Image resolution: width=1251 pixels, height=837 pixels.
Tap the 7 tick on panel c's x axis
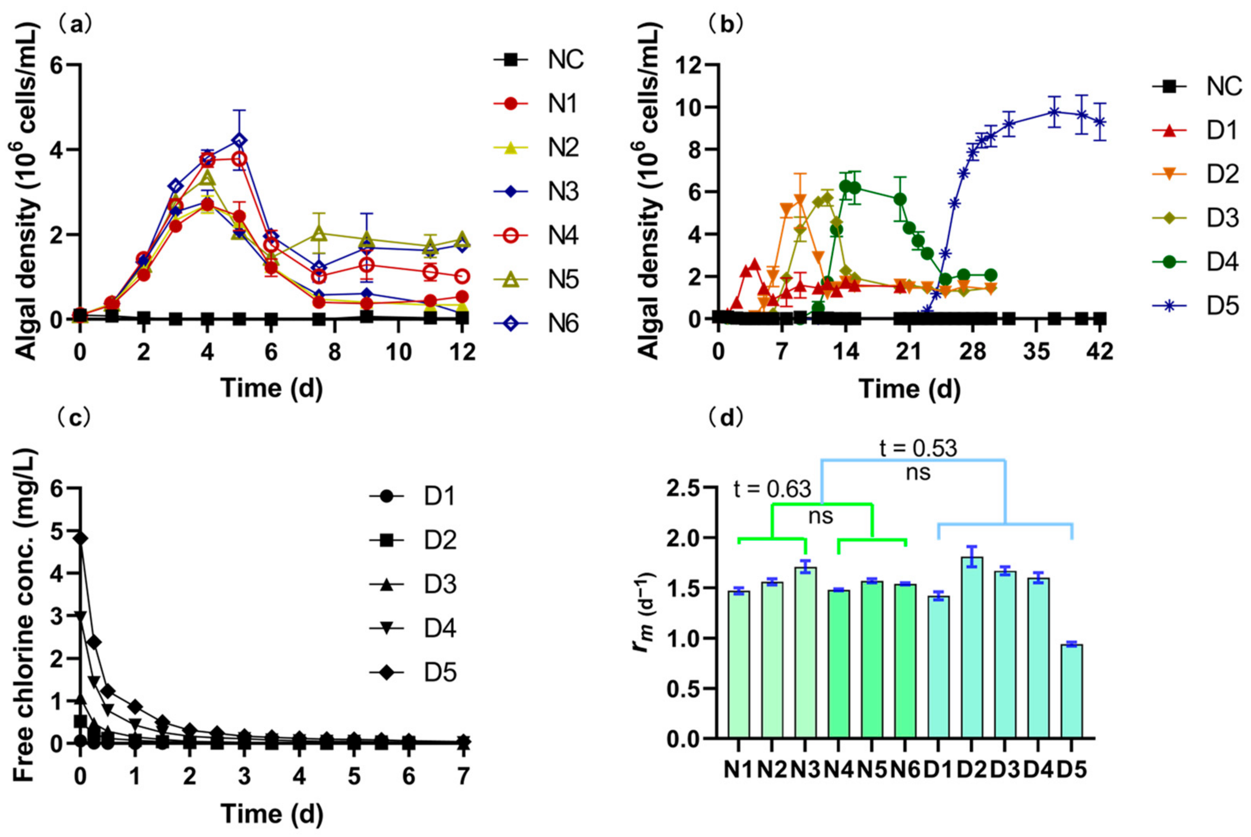point(464,776)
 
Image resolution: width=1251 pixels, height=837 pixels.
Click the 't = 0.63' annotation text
point(773,489)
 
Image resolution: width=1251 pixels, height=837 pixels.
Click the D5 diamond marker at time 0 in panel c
point(80,539)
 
